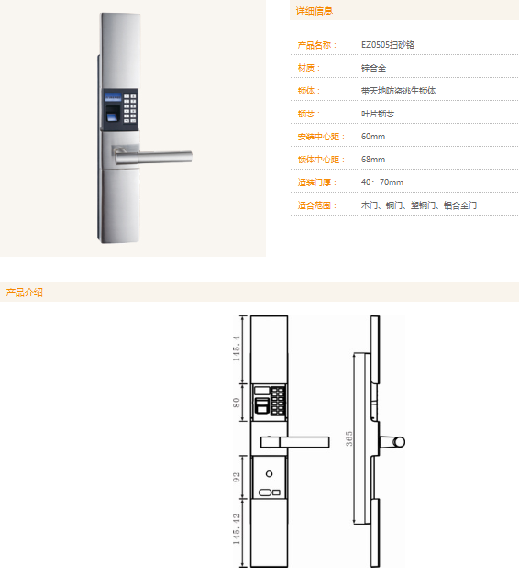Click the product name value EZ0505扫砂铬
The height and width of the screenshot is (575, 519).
388,45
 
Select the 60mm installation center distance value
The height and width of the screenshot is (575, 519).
373,137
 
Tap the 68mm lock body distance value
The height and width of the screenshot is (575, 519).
373,160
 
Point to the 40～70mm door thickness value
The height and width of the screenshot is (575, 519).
382,182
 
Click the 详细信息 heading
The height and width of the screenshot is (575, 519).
315,11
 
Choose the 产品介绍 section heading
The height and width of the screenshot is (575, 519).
24,293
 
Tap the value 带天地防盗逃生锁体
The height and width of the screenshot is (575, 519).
398,91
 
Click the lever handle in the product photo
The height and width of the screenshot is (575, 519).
153,156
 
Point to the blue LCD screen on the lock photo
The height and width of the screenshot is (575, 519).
113,97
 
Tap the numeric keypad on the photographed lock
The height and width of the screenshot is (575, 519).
129,108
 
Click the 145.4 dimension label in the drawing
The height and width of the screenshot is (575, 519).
237,348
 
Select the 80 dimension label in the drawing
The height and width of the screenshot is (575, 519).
237,403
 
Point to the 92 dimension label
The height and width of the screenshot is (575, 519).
237,477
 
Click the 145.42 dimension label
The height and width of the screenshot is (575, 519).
237,529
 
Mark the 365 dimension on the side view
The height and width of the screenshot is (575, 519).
348,438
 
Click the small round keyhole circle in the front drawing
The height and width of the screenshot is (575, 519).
269,474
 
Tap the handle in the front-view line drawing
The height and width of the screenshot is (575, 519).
295,442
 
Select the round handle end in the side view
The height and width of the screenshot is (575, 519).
400,442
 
